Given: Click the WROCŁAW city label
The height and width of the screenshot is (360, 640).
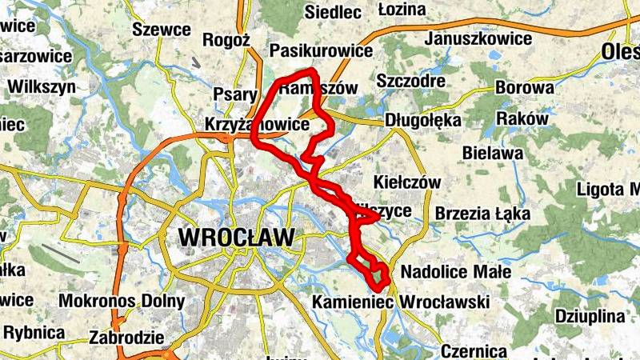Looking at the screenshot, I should click(238, 237).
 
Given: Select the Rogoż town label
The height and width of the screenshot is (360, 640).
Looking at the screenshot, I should click(228, 40).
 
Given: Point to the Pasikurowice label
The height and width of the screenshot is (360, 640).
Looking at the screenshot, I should click(322, 51).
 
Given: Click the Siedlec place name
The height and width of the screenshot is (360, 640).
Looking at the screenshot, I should click(334, 11).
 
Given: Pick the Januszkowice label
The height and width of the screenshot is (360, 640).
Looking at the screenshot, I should click(479, 38).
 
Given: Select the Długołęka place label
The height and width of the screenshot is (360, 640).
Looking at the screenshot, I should click(423, 120).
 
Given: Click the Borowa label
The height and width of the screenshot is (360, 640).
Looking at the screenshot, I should click(525, 87).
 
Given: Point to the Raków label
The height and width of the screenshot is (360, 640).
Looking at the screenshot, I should click(522, 118).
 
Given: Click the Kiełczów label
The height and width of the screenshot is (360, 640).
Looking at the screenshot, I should click(407, 182).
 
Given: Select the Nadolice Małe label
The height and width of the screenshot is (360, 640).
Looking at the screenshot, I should click(455, 272).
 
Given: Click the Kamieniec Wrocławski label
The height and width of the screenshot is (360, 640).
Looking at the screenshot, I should click(412, 302).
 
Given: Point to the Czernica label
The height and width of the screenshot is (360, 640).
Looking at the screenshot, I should click(474, 351).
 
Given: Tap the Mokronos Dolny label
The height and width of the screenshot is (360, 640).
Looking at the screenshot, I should click(122, 302).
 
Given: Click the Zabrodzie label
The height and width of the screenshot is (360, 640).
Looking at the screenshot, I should click(128, 337).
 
